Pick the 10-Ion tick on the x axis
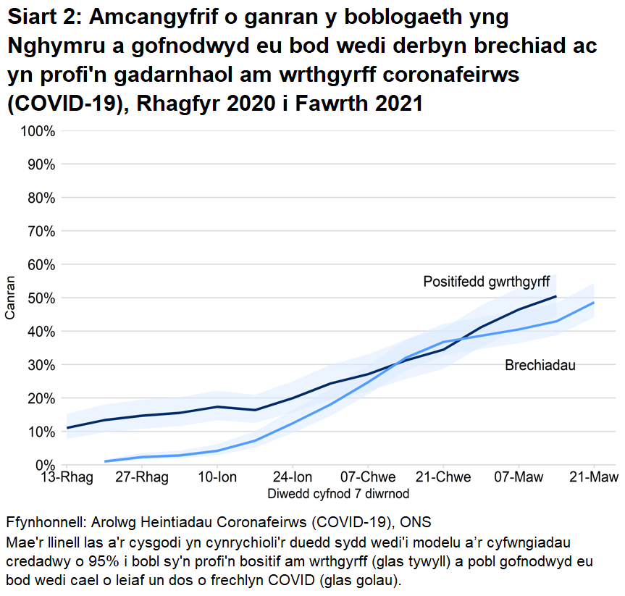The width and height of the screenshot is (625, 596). [x=218, y=477]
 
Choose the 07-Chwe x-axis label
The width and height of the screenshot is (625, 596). [x=368, y=477]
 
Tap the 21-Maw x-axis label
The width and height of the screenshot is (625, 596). [x=593, y=477]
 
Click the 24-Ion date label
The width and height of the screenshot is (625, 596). [x=293, y=477]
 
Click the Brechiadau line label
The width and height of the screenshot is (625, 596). [x=540, y=366]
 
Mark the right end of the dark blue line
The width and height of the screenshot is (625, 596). [x=555, y=296]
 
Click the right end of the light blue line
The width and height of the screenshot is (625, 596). [x=594, y=303]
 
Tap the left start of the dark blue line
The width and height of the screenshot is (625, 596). [x=67, y=428]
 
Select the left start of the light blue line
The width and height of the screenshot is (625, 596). [x=105, y=461]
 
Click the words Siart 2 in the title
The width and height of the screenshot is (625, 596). [x=41, y=16]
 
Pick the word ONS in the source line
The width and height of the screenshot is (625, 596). [x=418, y=523]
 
